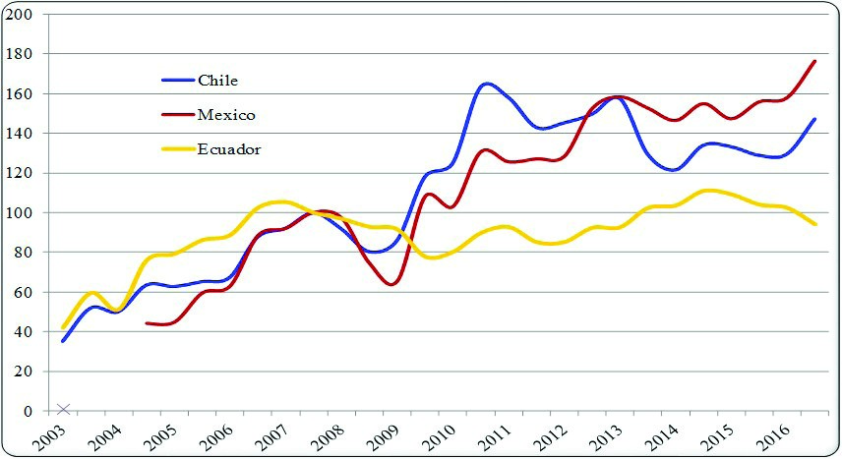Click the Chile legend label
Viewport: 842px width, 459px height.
tap(217, 80)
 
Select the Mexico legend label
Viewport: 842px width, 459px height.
tap(226, 115)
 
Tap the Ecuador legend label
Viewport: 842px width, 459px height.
tap(228, 149)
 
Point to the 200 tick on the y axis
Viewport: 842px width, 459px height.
tap(20, 15)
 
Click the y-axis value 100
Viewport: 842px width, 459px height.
tap(20, 213)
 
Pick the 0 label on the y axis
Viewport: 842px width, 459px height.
tap(27, 411)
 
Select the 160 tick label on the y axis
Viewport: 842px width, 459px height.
tap(20, 94)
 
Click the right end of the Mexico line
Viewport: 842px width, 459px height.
tap(815, 61)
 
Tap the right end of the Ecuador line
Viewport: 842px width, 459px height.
tap(815, 224)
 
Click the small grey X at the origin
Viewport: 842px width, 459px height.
tap(64, 409)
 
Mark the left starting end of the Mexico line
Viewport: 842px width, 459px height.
tap(147, 322)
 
